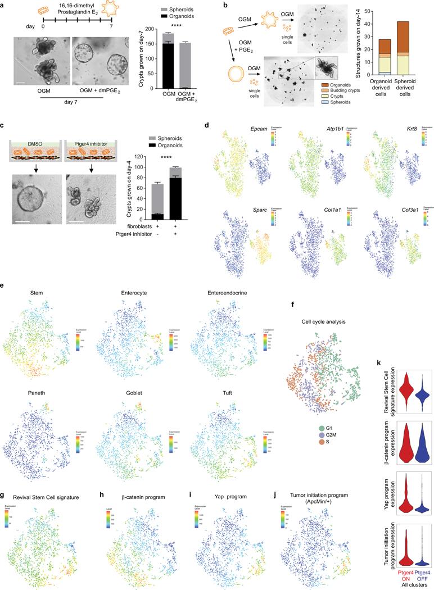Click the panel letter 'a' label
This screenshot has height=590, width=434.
pyautogui.click(x=4, y=4)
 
